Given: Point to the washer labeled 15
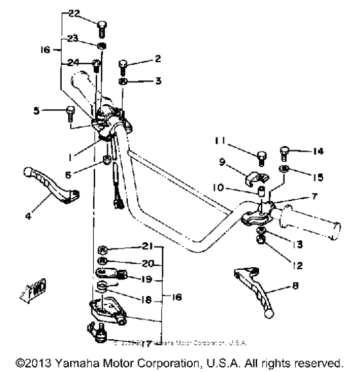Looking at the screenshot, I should click(x=283, y=169).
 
